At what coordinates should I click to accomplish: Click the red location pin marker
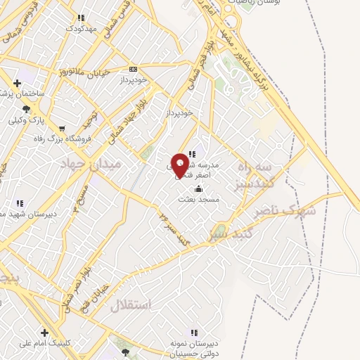click(x=180, y=165)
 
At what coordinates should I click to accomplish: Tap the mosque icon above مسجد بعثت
click(x=198, y=188)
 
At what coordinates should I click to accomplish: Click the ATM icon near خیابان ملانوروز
click(x=134, y=69)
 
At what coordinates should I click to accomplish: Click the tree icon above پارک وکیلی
click(x=26, y=108)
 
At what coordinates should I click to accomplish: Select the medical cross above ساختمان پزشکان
click(x=18, y=83)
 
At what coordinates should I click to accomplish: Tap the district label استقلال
click(x=131, y=304)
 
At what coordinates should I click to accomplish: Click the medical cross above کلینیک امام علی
click(x=44, y=332)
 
